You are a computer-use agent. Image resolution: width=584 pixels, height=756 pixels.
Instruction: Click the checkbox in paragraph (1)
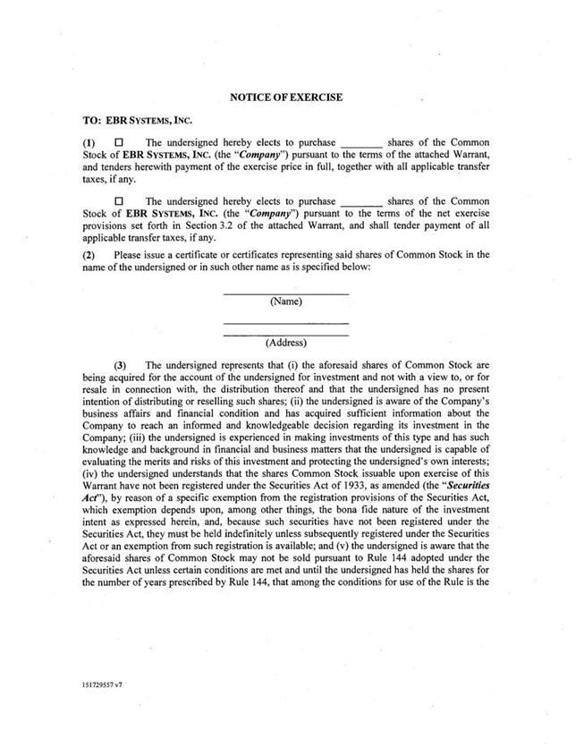(118, 142)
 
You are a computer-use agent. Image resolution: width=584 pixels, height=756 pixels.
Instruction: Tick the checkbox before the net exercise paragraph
(118, 202)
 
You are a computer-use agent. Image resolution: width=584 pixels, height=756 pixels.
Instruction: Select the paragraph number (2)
(89, 254)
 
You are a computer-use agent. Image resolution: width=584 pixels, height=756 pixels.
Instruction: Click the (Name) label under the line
(285, 302)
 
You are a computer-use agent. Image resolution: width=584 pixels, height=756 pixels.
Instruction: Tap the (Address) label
(285, 343)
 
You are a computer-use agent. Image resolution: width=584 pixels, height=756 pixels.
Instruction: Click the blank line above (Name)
(285, 293)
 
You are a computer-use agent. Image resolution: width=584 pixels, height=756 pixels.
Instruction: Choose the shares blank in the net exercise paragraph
(362, 203)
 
